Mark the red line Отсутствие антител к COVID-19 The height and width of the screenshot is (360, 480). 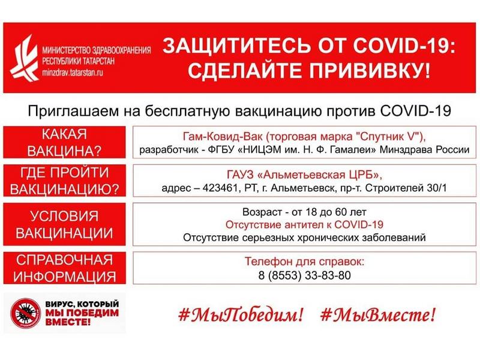tap(304, 225)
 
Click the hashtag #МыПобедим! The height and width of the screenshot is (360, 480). tap(240, 314)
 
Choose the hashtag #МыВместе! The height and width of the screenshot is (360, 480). tap(378, 314)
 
